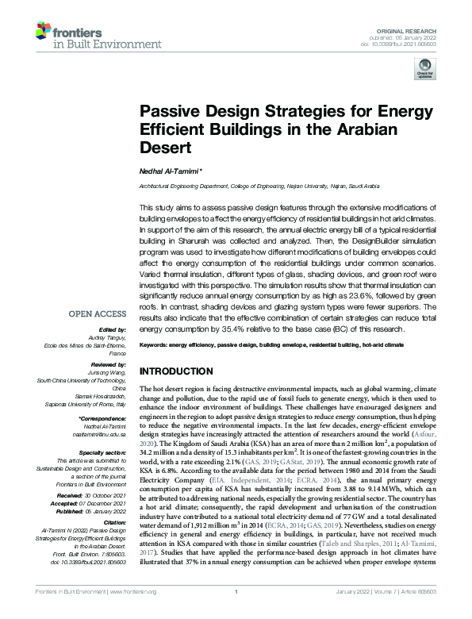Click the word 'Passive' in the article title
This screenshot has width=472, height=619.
click(169, 113)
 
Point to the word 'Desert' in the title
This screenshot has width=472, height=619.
click(163, 148)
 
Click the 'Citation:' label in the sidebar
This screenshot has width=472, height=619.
click(110, 522)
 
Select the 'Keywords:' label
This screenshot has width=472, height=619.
click(157, 346)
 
